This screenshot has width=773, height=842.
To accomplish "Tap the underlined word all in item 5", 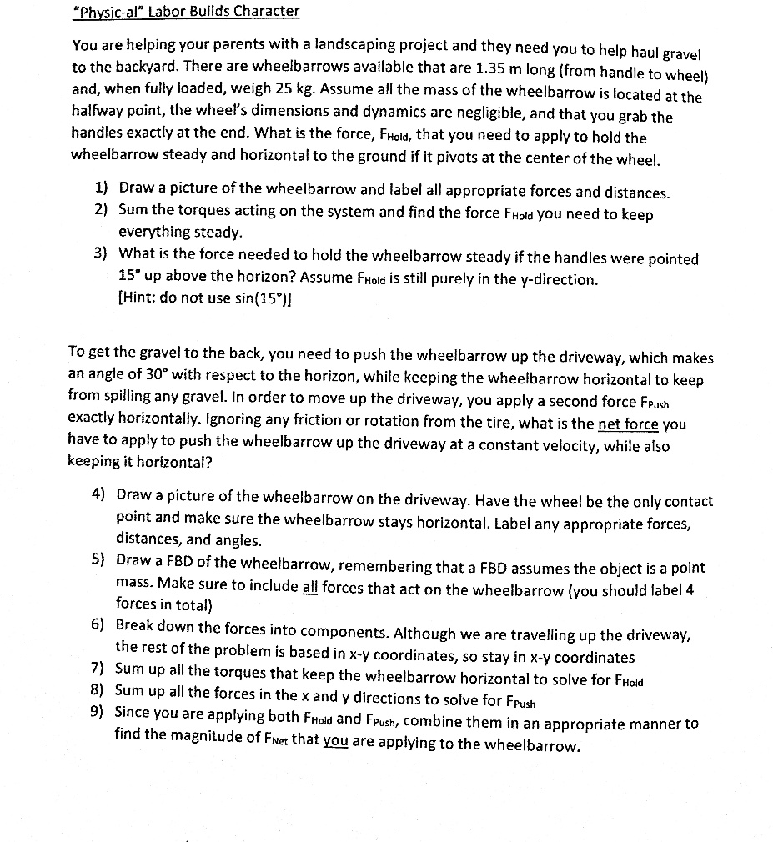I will pyautogui.click(x=309, y=585).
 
